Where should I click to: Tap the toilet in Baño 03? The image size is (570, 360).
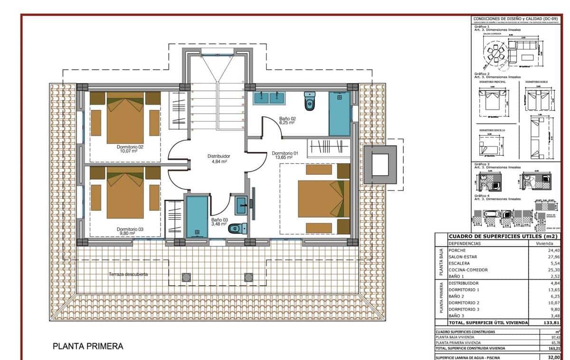pos(236,229)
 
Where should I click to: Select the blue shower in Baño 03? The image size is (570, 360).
pos(197,216)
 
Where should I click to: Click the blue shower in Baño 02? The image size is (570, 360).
pos(340,114)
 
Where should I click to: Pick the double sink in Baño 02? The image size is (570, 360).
pos(269,98)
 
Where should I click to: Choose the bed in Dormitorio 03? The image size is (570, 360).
pos(125,195)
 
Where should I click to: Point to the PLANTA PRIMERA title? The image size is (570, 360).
pos(88,347)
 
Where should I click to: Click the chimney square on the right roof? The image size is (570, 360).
pos(380,165)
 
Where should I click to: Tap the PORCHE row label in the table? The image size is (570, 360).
pos(457,250)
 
